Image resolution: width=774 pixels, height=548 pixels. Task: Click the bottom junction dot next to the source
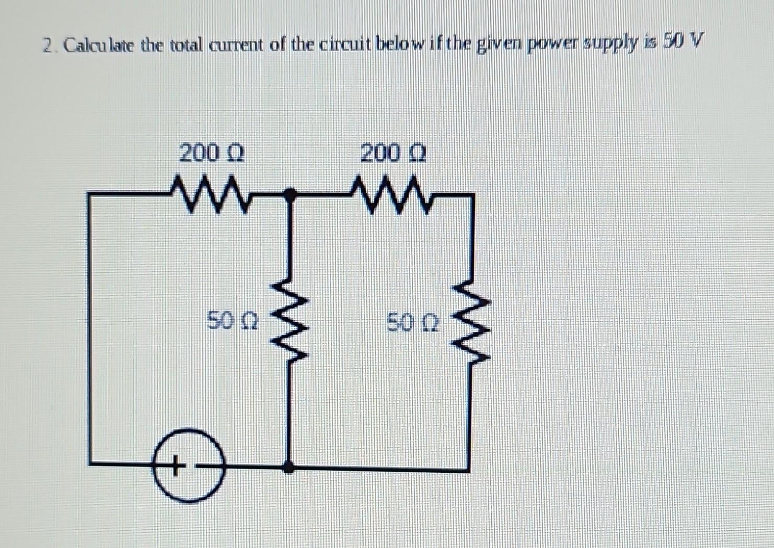tap(287, 467)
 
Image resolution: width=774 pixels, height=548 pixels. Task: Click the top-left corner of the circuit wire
tap(90, 195)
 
